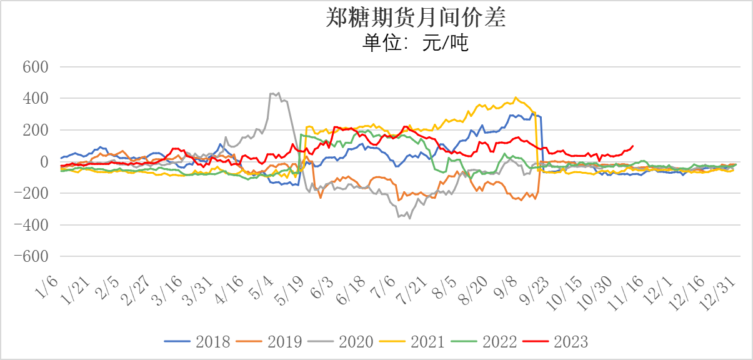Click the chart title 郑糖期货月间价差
pos(416,18)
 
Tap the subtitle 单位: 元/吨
pos(416,43)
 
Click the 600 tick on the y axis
pos(36,67)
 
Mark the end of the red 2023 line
pos(633,146)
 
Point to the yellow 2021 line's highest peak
pos(516,97)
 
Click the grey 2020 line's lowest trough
pos(410,218)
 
